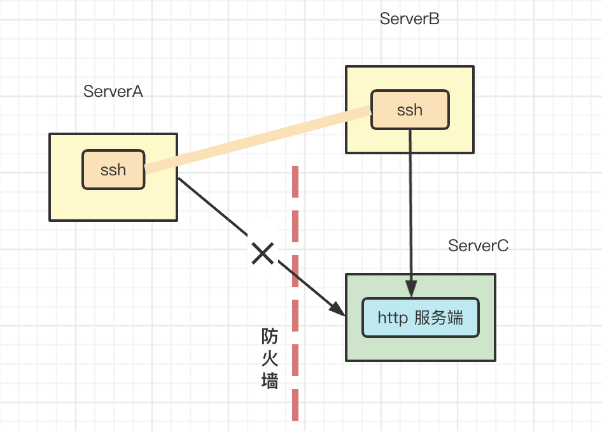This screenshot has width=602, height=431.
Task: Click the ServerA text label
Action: pos(113,92)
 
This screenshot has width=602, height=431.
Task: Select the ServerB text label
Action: pos(409,18)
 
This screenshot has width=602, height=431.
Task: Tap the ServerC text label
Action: pos(478,246)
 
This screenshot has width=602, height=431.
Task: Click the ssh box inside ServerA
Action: pos(113,170)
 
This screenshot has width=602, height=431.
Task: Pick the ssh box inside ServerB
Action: pos(410,110)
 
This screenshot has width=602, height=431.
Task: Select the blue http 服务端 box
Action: pos(420,318)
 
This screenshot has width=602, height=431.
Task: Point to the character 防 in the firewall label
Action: pos(270,336)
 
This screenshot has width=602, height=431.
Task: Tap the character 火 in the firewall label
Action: pos(270,358)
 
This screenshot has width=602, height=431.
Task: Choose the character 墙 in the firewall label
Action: pos(270,381)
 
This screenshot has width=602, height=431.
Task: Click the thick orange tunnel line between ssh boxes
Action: pos(258,140)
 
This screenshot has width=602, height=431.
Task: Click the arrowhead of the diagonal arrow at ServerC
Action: pos(337,309)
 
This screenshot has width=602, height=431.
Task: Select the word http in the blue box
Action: pos(392,318)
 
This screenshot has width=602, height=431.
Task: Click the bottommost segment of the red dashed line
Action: pos(295,404)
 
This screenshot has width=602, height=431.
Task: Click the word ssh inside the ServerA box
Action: pos(113,170)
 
